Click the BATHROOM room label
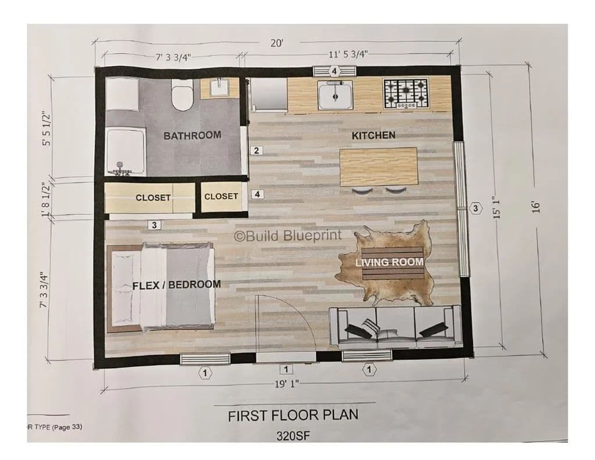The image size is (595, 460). pos(192,135)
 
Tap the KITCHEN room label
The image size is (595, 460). pos(374,135)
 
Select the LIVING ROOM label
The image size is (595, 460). pos(389,262)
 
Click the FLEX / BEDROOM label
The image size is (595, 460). pos(177,285)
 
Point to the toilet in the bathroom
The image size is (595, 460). pos(182,94)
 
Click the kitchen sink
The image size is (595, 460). pos(335,95)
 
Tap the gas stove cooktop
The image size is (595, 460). pos(406,94)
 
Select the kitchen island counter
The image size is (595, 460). pos(378,166)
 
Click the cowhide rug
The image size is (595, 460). pos(385,263)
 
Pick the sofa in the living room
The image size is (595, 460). pos(395,327)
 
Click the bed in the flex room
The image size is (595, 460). pos(160,288)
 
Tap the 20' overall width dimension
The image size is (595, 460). pos(277,43)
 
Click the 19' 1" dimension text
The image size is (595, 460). pos(287,384)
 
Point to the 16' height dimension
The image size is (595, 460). pos(535,207)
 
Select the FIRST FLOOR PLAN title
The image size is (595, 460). pos(293,415)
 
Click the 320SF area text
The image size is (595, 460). pos(293,436)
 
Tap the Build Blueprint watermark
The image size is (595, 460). pos(288,236)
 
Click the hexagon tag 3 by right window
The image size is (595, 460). pos(475,208)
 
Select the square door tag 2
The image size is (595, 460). pos(256,151)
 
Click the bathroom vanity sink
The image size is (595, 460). pos(218,88)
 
